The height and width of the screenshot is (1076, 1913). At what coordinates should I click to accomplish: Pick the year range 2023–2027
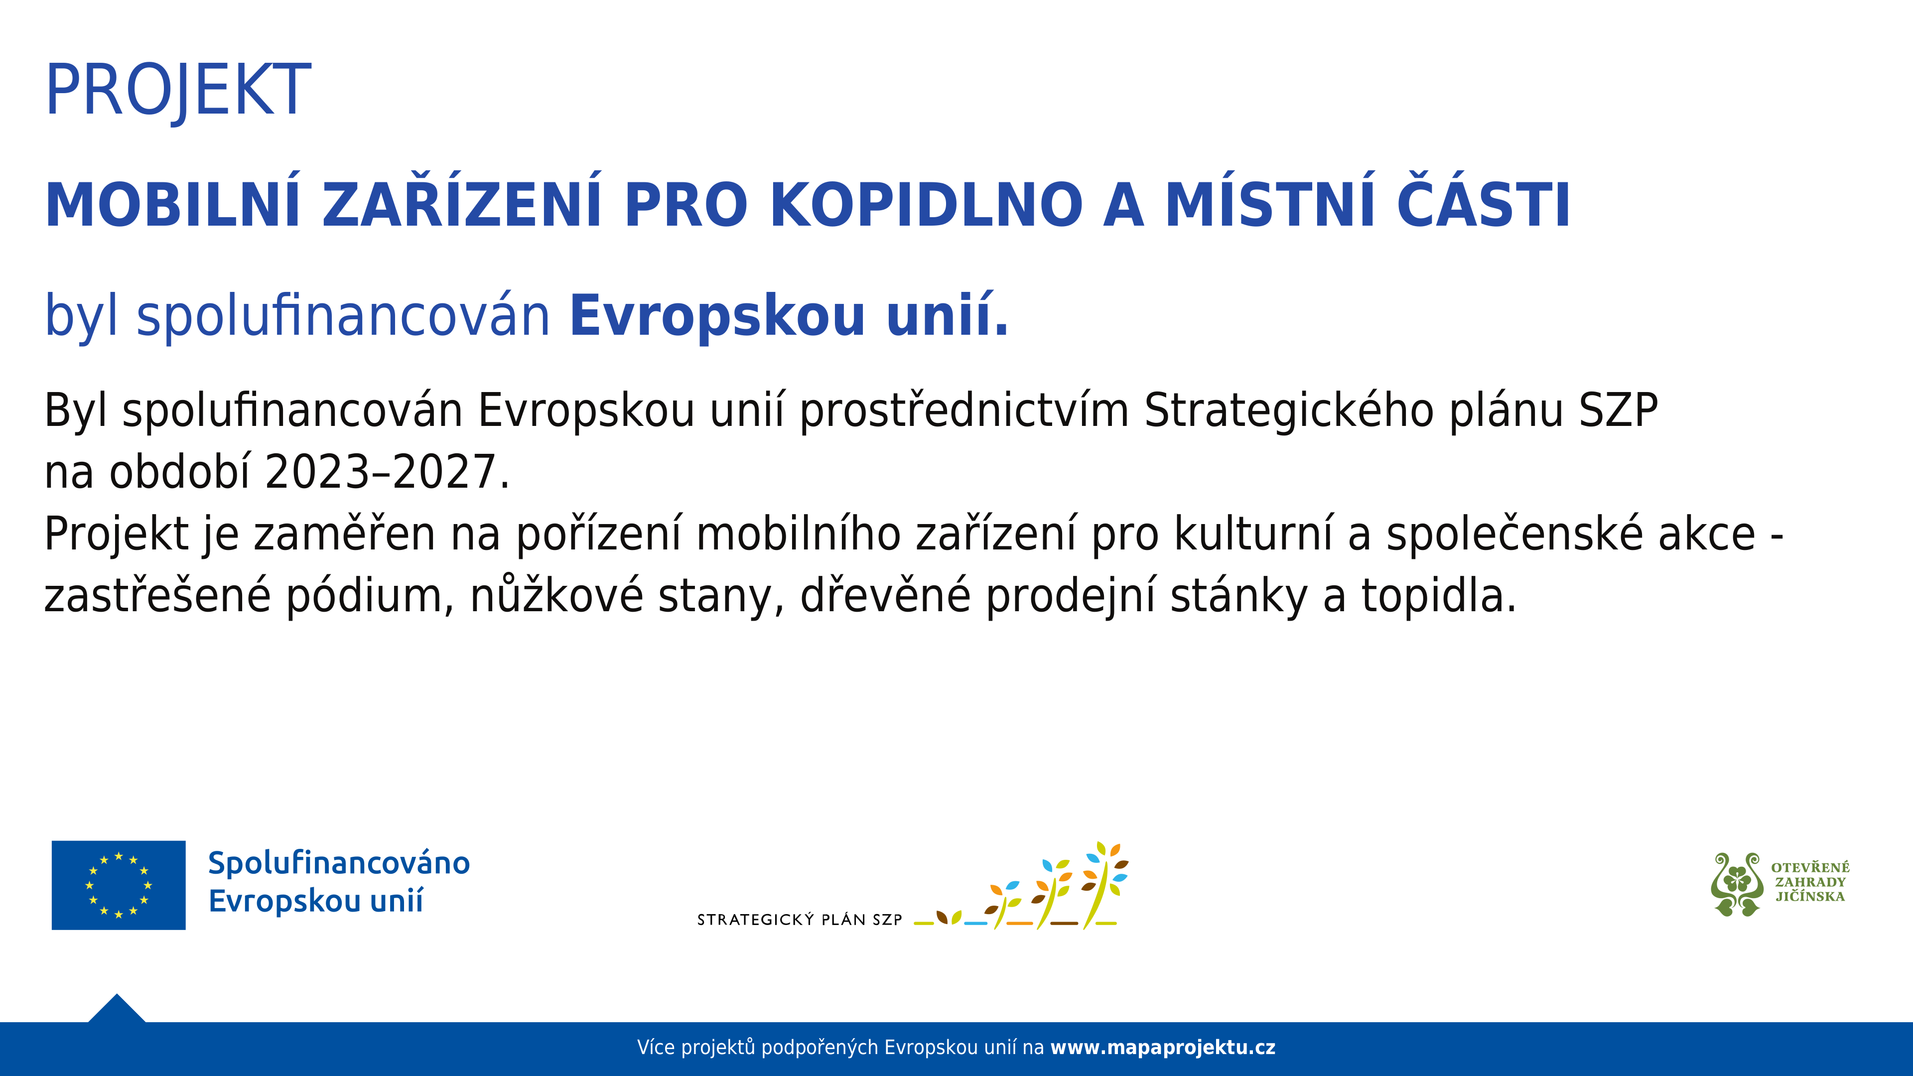[380, 472]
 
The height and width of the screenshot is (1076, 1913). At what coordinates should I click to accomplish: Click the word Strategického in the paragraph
[1288, 412]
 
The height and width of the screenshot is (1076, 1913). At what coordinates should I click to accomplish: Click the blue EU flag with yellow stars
[119, 885]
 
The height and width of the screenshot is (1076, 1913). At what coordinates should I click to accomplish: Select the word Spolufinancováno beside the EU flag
[339, 864]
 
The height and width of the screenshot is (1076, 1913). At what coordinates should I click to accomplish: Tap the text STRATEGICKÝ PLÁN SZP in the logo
[800, 919]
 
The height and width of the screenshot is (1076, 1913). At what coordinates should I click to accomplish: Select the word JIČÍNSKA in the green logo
[1810, 896]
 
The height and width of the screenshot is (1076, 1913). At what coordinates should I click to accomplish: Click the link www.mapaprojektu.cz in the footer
[1163, 1048]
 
